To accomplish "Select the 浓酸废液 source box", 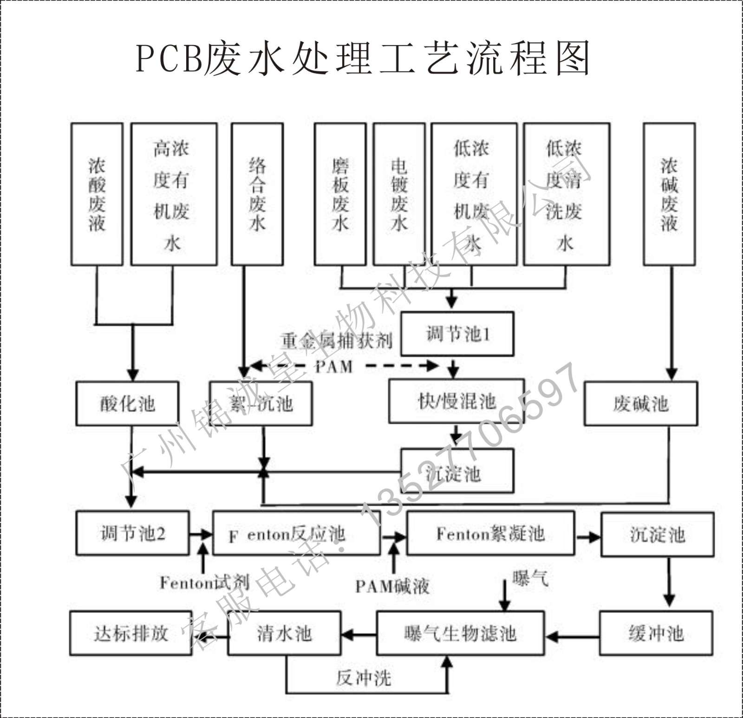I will pyautogui.click(x=97, y=194).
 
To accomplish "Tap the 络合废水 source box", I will pyautogui.click(x=257, y=194).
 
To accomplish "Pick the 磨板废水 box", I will pyautogui.click(x=340, y=194).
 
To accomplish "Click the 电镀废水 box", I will pyautogui.click(x=399, y=194).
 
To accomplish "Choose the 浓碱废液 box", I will pyautogui.click(x=669, y=194).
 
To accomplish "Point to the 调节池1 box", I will pyautogui.click(x=457, y=334).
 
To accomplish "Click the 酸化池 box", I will pyautogui.click(x=127, y=404).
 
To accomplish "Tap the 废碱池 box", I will pyautogui.click(x=641, y=404).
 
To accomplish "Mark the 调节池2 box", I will pyautogui.click(x=133, y=533).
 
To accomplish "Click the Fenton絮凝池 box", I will pyautogui.click(x=490, y=534).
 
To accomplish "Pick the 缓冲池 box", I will pyautogui.click(x=656, y=633).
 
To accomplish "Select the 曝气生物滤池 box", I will pyautogui.click(x=460, y=633).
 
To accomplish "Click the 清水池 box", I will pyautogui.click(x=284, y=633).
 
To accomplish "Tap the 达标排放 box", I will pyautogui.click(x=130, y=633).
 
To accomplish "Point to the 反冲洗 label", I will pyautogui.click(x=364, y=678).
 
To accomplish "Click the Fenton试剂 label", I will pyautogui.click(x=204, y=582).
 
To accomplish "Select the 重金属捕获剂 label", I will pyautogui.click(x=336, y=341).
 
